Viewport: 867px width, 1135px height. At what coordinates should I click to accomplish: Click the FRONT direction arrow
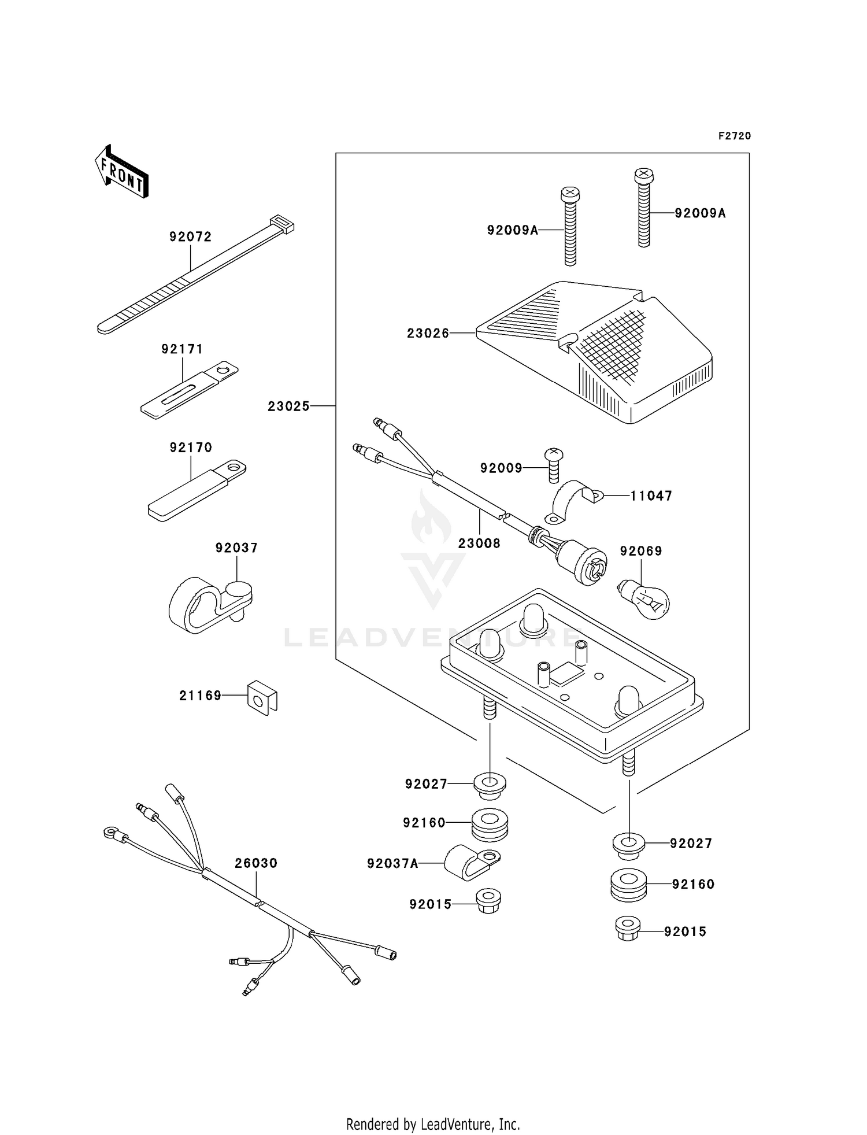coord(121,172)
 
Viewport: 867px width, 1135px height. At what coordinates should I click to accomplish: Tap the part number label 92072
coord(190,236)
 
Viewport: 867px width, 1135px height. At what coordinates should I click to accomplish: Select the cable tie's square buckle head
coord(282,223)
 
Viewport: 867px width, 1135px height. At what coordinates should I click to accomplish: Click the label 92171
coord(182,349)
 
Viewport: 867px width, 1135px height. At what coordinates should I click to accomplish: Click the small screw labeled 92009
coord(554,464)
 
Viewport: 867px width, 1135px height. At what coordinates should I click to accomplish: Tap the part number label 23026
coord(428,334)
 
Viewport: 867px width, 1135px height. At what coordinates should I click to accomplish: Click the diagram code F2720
coord(735,136)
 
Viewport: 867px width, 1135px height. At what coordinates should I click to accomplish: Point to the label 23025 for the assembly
coord(288,406)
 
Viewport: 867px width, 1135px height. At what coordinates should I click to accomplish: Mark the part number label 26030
coord(256,863)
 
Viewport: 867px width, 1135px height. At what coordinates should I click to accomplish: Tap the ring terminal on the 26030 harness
coord(110,833)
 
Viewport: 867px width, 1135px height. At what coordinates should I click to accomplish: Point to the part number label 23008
coord(479,544)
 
